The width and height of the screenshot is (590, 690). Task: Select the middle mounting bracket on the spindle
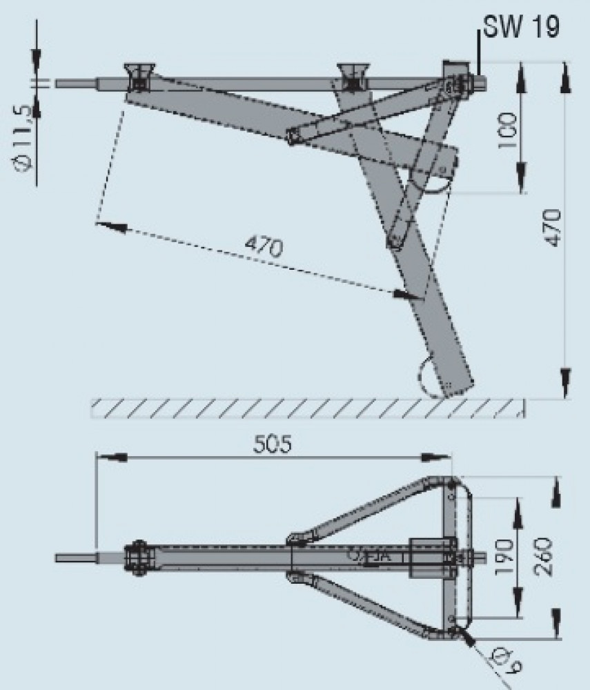click(352, 75)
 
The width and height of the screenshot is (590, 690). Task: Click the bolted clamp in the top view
click(138, 555)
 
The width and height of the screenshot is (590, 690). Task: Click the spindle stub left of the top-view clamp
click(76, 556)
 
